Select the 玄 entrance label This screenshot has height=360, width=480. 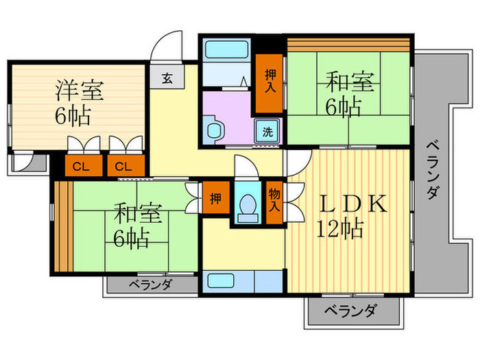tap(167, 78)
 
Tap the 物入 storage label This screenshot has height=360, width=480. tap(274, 198)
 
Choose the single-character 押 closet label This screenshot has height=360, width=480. tap(216, 199)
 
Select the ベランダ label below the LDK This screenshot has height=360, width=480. tap(348, 311)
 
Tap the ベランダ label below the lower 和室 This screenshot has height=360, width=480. tap(150, 285)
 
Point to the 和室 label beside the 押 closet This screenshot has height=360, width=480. tap(137, 213)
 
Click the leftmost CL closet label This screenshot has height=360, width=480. tap(80, 165)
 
